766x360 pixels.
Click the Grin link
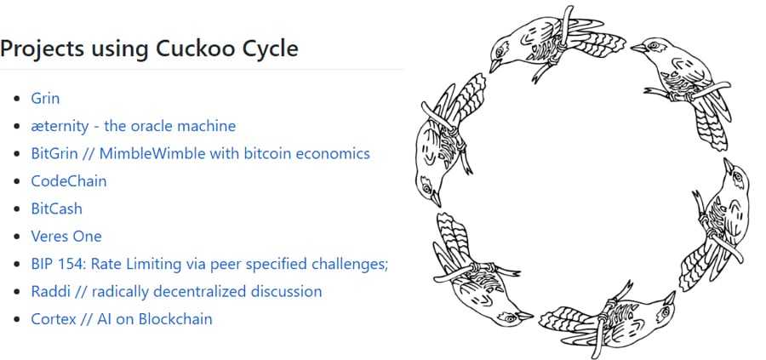point(45,98)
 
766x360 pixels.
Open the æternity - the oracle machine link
point(133,126)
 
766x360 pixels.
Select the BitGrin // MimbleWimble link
point(200,153)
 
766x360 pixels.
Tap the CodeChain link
point(69,181)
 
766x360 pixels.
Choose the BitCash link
point(56,209)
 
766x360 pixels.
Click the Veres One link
point(66,236)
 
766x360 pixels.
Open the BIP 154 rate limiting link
point(209,264)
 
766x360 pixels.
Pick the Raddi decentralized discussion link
point(176,291)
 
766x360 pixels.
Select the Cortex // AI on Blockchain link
point(122,319)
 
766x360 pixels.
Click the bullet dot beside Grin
point(17,99)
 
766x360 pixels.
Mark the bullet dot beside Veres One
point(17,237)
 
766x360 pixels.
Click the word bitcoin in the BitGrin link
point(276,153)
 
